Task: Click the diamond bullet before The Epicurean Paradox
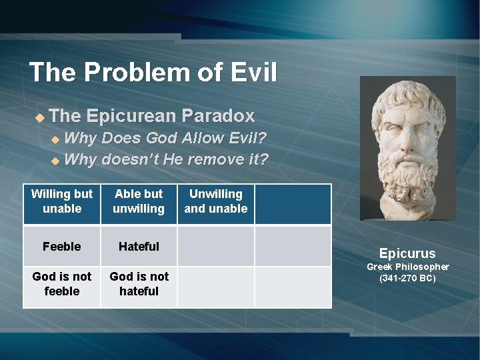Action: tap(39, 117)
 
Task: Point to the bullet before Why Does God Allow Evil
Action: tap(55, 140)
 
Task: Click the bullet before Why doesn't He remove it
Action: tap(55, 161)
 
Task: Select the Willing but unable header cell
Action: tap(62, 201)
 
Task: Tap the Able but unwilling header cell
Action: tap(139, 201)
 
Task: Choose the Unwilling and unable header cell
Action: tap(215, 201)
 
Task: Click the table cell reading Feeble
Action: tap(62, 247)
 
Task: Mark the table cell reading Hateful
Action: tap(139, 247)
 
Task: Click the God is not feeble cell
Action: tap(62, 284)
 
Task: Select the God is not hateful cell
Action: tap(139, 284)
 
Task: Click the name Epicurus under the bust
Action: tap(407, 253)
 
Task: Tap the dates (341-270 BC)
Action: tap(407, 278)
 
